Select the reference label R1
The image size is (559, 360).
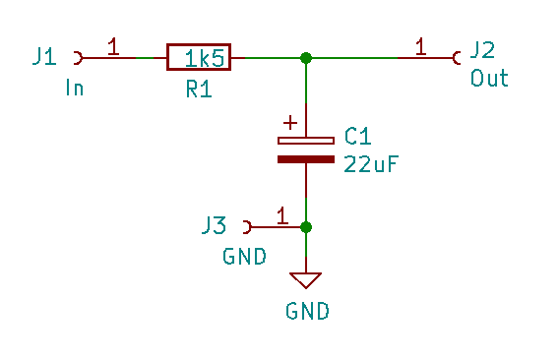pyautogui.click(x=199, y=90)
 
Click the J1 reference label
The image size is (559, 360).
pyautogui.click(x=44, y=57)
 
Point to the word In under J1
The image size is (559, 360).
pyautogui.click(x=74, y=89)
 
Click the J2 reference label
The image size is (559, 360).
pyautogui.click(x=483, y=50)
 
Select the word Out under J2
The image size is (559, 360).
pyautogui.click(x=489, y=79)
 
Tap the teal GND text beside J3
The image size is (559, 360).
pyautogui.click(x=244, y=257)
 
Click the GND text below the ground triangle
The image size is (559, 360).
pyautogui.click(x=307, y=312)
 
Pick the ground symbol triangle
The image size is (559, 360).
pyautogui.click(x=306, y=279)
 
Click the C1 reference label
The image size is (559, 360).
pyautogui.click(x=355, y=136)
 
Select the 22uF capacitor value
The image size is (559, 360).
pyautogui.click(x=370, y=164)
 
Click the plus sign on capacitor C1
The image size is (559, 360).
pyautogui.click(x=289, y=123)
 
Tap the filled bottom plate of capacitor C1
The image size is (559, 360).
pyautogui.click(x=306, y=157)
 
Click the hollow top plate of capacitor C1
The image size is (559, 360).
pyautogui.click(x=306, y=141)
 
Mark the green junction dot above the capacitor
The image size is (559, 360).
pyautogui.click(x=306, y=58)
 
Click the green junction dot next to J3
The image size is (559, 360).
pyautogui.click(x=306, y=227)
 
